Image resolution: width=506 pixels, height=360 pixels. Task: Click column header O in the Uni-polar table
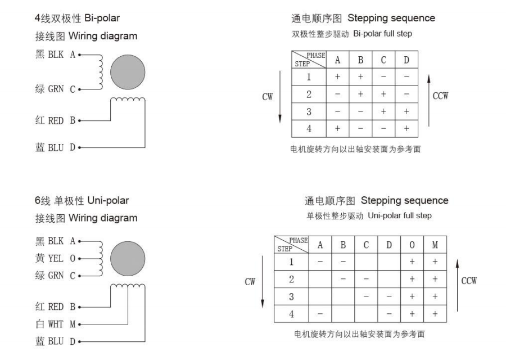[412, 245]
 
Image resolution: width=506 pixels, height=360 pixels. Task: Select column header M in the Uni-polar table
[435, 245]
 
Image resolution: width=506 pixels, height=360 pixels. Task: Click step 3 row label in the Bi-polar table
[309, 112]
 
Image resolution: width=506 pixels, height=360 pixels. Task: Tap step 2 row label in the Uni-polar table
[291, 279]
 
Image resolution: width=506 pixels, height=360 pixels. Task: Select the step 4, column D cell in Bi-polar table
[405, 129]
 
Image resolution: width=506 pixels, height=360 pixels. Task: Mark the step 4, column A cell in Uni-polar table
[320, 313]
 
